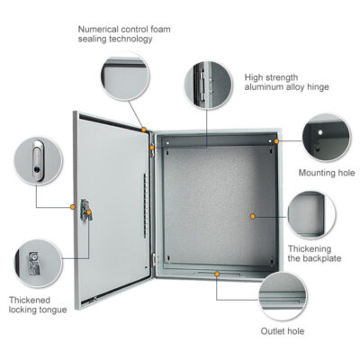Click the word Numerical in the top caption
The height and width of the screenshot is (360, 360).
coord(98,30)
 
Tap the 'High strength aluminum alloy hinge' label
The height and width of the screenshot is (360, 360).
coord(286,82)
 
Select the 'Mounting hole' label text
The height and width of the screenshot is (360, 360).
coord(327,173)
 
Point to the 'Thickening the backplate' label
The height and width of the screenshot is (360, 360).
coord(314,254)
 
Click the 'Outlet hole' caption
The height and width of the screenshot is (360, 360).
coord(283,331)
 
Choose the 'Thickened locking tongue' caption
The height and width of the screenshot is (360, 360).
coord(38,305)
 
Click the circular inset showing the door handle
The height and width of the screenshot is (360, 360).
coord(39,160)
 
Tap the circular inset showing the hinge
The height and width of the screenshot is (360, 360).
coord(209,85)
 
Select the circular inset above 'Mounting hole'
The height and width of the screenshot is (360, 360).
coord(327,138)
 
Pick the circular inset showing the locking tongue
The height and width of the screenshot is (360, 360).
coord(39,264)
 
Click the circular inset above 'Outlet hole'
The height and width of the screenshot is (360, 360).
coord(283,296)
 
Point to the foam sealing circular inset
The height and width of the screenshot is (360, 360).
coord(125,76)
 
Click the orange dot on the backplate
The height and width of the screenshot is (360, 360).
coord(253,216)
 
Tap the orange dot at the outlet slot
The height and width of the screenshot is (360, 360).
coord(217,274)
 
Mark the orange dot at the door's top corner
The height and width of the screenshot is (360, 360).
coord(144,130)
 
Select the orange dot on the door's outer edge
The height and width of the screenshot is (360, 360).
coord(73,207)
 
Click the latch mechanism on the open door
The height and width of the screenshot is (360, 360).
coord(85,210)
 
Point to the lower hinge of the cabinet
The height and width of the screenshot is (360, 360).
coord(155,259)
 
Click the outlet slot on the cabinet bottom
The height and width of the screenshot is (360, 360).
coord(217,274)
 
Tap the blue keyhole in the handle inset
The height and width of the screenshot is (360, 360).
coord(37,169)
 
